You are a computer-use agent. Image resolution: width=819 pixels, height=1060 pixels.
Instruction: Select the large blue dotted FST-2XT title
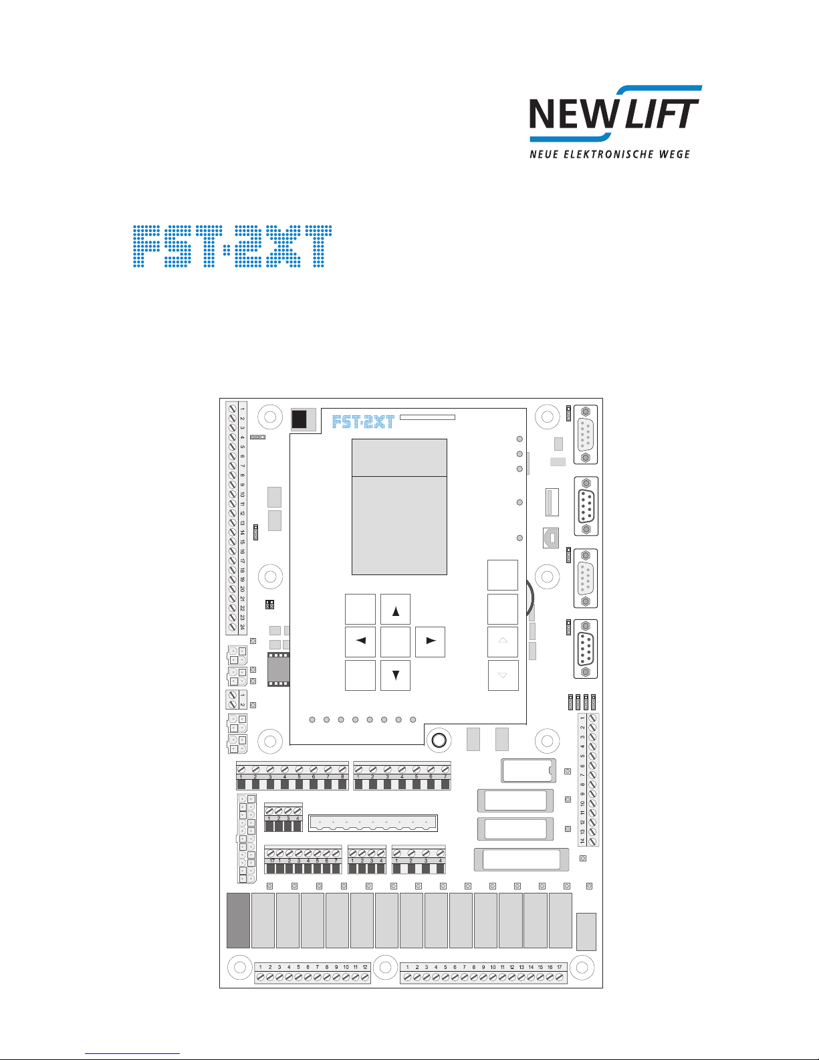click(231, 247)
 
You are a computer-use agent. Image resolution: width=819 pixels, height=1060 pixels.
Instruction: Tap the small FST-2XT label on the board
click(363, 421)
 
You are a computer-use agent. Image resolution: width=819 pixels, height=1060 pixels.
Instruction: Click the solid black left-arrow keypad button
click(360, 641)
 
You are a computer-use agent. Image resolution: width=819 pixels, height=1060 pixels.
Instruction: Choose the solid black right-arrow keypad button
click(430, 641)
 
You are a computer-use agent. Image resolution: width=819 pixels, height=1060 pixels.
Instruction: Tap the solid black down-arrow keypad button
click(395, 675)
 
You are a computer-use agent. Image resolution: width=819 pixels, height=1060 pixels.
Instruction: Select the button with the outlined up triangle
click(503, 641)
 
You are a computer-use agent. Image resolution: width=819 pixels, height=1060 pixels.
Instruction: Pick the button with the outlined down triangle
click(503, 675)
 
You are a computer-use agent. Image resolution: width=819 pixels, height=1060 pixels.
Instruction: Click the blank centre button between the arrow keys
click(395, 641)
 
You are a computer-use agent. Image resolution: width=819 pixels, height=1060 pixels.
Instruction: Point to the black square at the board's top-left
click(300, 419)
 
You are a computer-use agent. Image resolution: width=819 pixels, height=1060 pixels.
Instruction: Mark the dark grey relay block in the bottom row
click(238, 920)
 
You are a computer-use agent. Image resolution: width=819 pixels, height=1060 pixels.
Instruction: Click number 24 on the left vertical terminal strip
click(242, 627)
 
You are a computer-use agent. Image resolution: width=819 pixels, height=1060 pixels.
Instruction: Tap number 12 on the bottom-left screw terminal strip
click(365, 967)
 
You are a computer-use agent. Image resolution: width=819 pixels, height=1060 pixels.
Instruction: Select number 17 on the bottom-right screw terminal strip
click(560, 967)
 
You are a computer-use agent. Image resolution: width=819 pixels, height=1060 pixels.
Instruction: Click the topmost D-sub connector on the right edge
click(586, 435)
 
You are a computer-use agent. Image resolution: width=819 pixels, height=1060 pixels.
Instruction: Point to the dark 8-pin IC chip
click(278, 669)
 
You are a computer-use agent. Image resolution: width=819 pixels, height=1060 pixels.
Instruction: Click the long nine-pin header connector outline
click(372, 823)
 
